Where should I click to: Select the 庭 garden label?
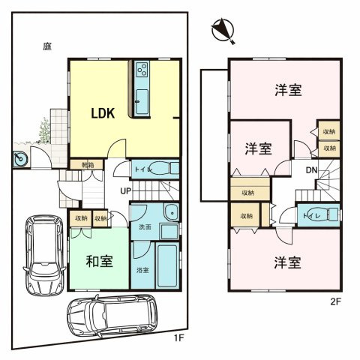click(x=46, y=46)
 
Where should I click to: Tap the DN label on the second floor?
click(x=311, y=169)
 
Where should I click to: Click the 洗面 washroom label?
click(x=145, y=226)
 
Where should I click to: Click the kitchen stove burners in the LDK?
click(x=142, y=73)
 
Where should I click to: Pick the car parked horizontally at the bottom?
click(x=112, y=314)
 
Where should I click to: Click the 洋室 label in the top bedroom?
click(x=288, y=90)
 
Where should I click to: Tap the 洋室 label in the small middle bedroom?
click(x=258, y=148)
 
